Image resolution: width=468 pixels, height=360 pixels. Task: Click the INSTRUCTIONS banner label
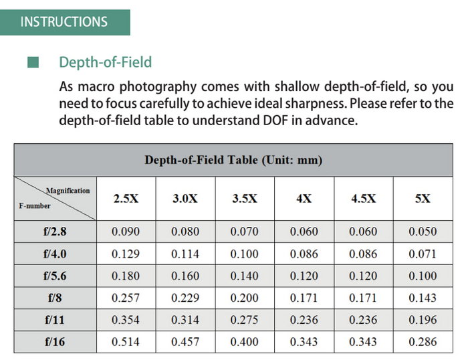[64, 21]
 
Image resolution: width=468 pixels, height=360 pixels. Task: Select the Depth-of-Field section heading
[105, 62]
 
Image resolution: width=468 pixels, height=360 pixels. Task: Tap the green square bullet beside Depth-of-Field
[33, 63]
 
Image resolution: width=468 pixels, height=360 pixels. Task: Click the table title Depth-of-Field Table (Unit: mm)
[233, 160]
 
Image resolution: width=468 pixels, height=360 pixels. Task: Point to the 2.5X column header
[126, 199]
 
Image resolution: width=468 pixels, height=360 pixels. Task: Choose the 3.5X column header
[245, 199]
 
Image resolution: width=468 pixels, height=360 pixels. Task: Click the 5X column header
[423, 199]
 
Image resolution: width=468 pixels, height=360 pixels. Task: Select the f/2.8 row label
[55, 232]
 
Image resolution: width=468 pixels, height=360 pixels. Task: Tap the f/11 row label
[55, 320]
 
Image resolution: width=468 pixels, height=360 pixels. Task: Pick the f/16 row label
[55, 342]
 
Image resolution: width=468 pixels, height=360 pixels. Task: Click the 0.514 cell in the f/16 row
[126, 342]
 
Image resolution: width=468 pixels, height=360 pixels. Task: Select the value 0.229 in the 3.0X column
[185, 298]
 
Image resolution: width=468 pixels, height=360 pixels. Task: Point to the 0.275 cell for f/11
[245, 320]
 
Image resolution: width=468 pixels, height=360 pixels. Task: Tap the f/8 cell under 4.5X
[363, 298]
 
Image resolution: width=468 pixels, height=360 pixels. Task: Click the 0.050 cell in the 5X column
[423, 232]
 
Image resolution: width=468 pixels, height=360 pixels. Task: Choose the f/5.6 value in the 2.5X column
[126, 276]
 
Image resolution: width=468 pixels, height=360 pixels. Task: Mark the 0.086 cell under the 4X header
[304, 254]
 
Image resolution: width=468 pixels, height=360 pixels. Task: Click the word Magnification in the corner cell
[68, 191]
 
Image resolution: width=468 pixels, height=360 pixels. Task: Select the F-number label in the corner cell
[34, 206]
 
